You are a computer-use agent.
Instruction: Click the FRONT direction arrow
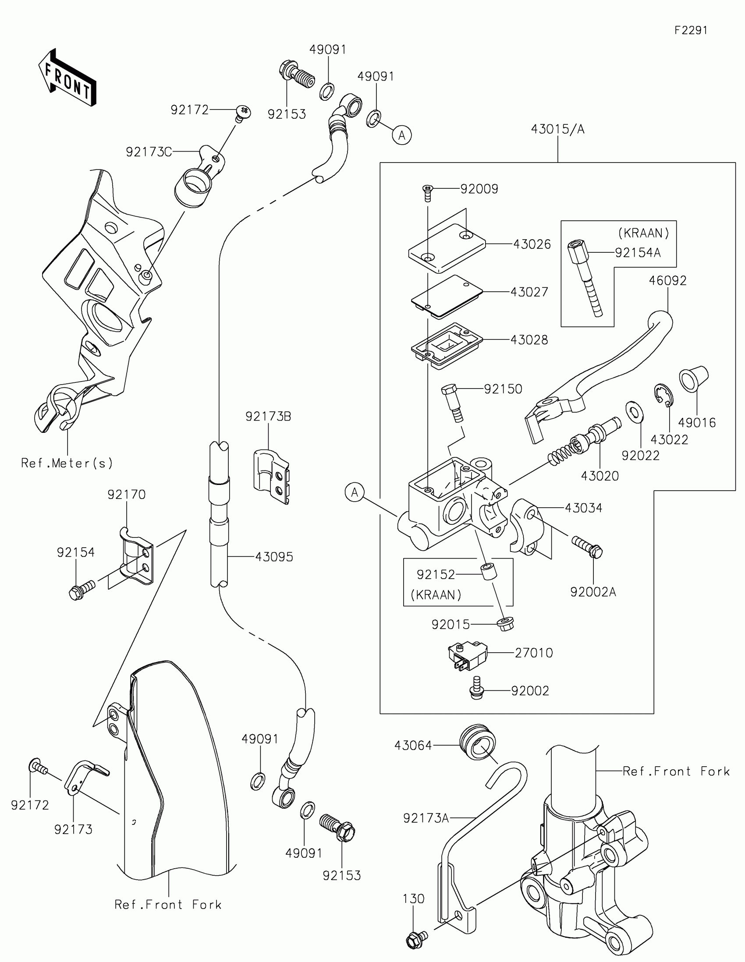tap(67, 78)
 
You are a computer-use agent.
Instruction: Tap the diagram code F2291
tap(691, 30)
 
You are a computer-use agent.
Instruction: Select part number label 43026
tap(532, 244)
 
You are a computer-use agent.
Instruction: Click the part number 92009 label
tap(479, 189)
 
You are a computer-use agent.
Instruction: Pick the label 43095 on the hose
tap(274, 557)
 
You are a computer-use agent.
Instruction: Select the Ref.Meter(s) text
tap(67, 463)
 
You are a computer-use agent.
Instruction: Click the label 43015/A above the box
tap(557, 129)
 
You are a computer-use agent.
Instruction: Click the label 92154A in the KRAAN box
tap(638, 253)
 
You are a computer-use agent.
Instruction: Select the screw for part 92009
tap(427, 192)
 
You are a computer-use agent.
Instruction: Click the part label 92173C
tap(149, 152)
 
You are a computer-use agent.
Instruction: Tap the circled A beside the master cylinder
tap(355, 492)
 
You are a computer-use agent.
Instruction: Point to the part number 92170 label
tap(127, 495)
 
